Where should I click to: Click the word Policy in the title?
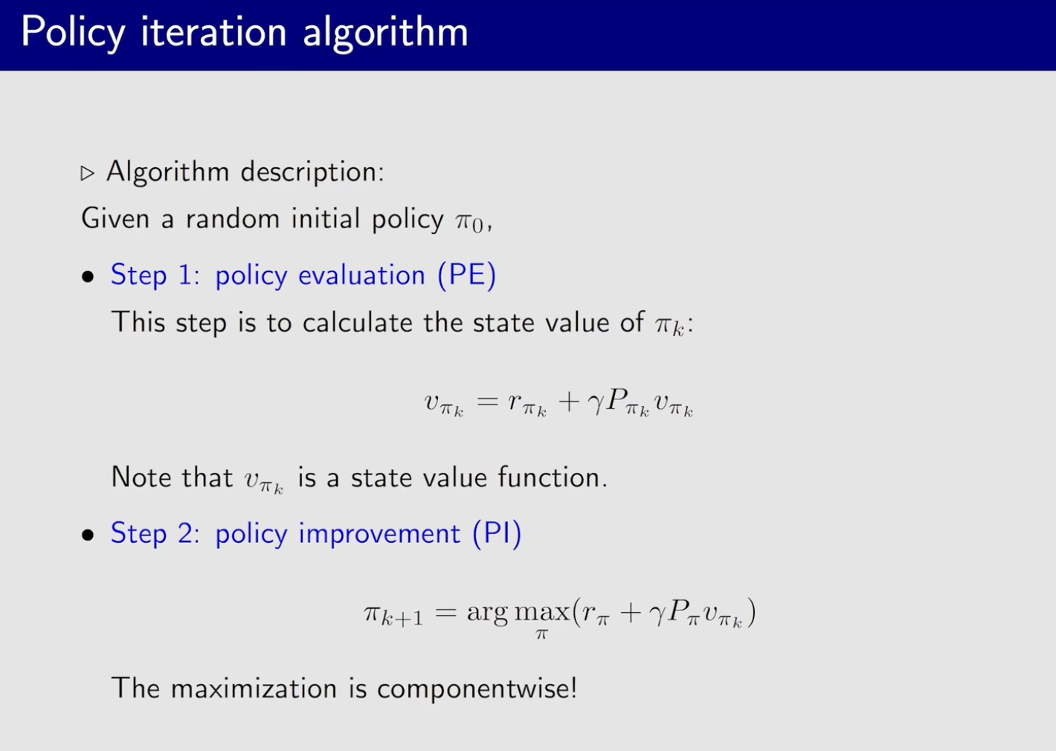[x=73, y=33]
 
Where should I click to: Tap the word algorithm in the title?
[x=385, y=33]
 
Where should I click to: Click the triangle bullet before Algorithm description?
[x=87, y=173]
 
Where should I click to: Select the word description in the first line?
[x=312, y=171]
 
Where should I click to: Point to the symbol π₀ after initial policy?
[x=469, y=222]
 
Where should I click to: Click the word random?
[x=233, y=219]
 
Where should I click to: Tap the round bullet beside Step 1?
[x=88, y=277]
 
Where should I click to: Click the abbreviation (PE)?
[x=467, y=275]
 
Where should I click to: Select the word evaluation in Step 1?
[x=361, y=275]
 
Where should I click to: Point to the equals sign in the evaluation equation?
[x=487, y=402]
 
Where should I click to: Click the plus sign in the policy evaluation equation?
[x=569, y=402]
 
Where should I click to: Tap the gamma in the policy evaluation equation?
[x=596, y=405]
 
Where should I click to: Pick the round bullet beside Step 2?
[x=88, y=535]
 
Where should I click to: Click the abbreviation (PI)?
[x=497, y=533]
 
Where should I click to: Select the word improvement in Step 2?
[x=379, y=534]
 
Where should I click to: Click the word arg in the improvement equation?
[x=487, y=613]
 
